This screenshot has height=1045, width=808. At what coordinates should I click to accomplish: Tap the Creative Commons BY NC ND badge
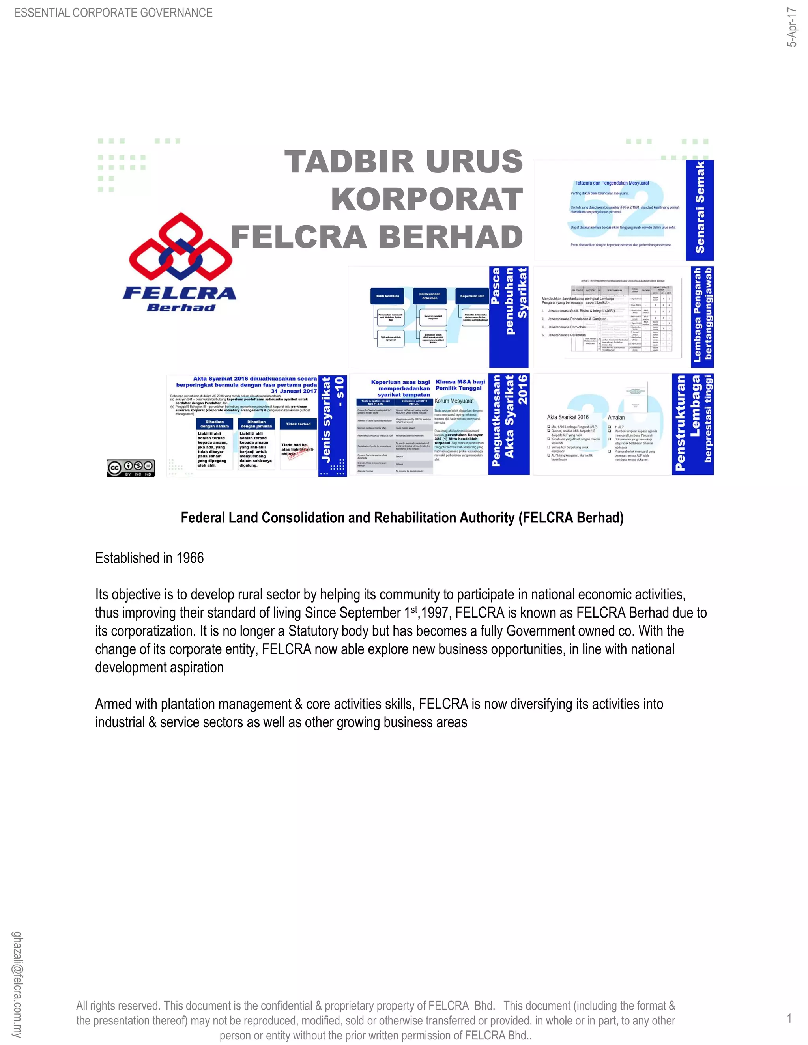pyautogui.click(x=131, y=467)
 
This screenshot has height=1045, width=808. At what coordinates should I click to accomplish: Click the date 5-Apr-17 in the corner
pyautogui.click(x=792, y=27)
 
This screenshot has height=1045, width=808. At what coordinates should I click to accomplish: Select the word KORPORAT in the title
pyautogui.click(x=426, y=200)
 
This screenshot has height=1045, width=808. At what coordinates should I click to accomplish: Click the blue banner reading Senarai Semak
pyautogui.click(x=700, y=210)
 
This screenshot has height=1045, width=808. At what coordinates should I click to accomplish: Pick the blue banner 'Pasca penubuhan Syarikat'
pyautogui.click(x=508, y=316)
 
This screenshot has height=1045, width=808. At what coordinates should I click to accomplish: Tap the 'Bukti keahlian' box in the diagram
pyautogui.click(x=387, y=296)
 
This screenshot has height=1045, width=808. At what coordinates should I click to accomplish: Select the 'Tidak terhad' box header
pyautogui.click(x=298, y=424)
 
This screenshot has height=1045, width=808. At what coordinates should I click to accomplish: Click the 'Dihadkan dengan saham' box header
pyautogui.click(x=215, y=424)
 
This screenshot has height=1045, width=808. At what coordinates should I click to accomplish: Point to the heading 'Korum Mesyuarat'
pyautogui.click(x=454, y=401)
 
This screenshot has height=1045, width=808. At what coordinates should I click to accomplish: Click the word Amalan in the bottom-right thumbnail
pyautogui.click(x=616, y=417)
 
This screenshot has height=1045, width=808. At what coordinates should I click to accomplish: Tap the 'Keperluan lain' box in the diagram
pyautogui.click(x=472, y=296)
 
